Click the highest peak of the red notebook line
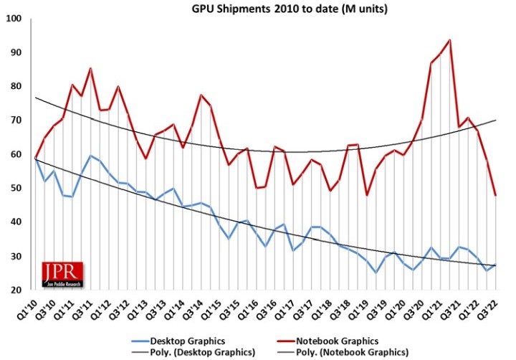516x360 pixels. point(449,40)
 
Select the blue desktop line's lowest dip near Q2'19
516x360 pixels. point(376,273)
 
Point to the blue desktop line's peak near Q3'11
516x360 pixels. point(90,156)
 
